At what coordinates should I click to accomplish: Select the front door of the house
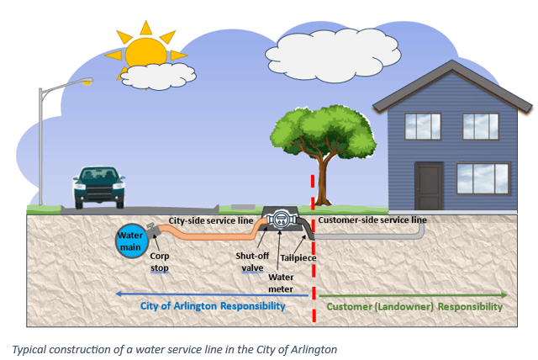tap(428, 186)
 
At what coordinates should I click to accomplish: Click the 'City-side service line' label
tap(211, 220)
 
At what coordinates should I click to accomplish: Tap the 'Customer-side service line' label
tap(372, 220)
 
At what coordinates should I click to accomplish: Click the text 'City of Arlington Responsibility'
tap(220, 306)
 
